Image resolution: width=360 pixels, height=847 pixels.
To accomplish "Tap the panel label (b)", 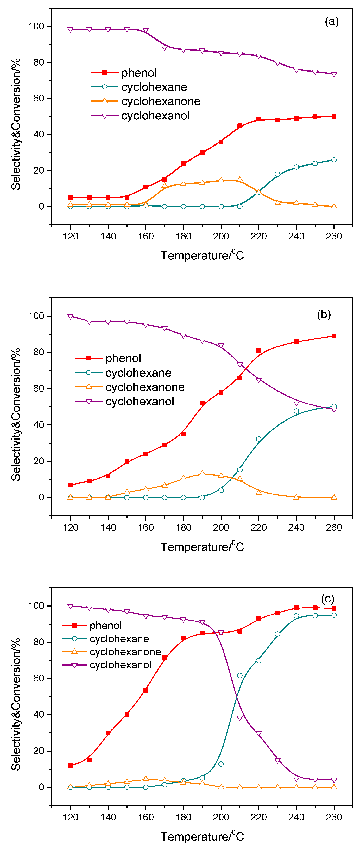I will click(x=324, y=315).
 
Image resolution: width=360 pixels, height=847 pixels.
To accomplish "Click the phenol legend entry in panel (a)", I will click(x=139, y=73).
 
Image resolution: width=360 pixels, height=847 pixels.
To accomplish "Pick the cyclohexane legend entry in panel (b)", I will click(x=138, y=373).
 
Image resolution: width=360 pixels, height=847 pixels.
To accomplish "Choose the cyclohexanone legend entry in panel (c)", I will click(x=125, y=652).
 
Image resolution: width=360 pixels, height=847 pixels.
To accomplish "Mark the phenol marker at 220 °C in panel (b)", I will click(x=259, y=351).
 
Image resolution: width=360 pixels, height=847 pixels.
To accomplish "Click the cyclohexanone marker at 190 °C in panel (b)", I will click(x=202, y=474).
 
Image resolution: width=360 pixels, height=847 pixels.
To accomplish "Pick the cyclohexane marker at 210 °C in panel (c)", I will click(x=240, y=675).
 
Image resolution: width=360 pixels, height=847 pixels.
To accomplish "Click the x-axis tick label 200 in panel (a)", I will click(x=221, y=236).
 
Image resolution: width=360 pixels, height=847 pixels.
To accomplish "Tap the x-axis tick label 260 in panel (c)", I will click(x=334, y=817).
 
